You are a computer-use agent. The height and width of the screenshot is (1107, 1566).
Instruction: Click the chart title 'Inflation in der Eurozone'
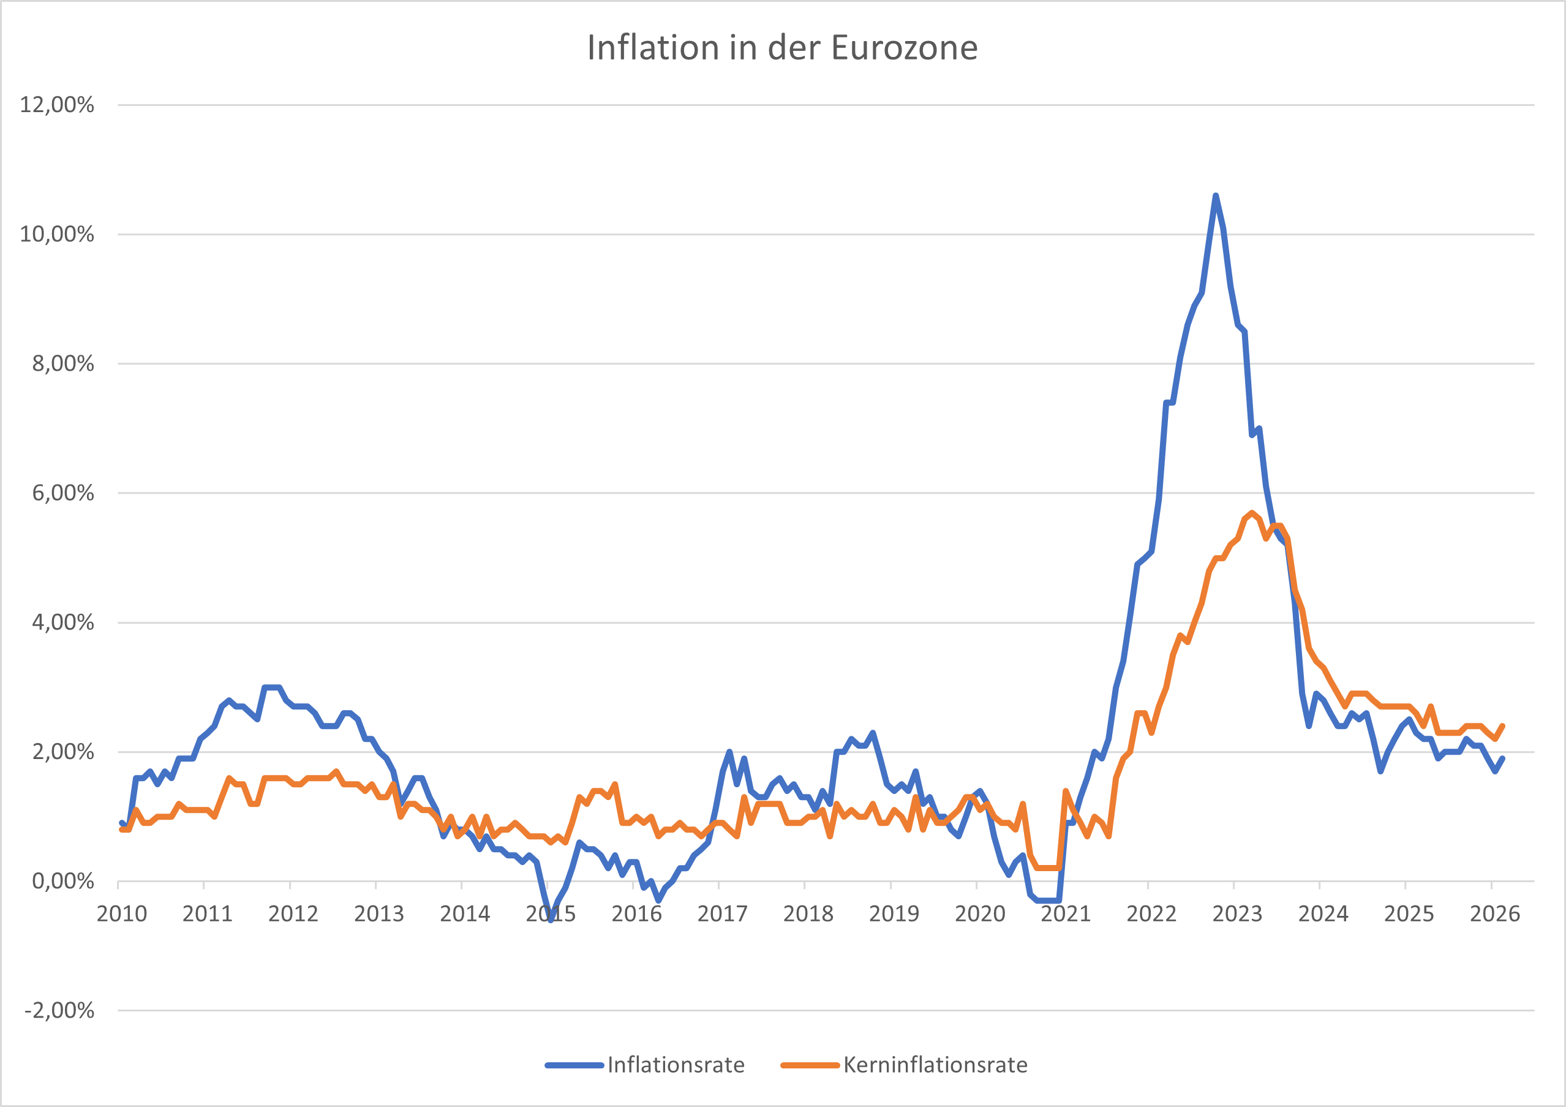coord(782,48)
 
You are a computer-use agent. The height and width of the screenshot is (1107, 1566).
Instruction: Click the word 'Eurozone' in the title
coord(905,48)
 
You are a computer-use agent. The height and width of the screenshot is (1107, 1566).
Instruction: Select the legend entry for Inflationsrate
coord(676,1065)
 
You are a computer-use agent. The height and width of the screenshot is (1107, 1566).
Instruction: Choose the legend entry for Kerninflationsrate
coord(935,1065)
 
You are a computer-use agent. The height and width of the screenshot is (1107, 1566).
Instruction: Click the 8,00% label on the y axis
coord(62,363)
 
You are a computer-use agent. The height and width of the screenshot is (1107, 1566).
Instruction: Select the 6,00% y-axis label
coord(62,493)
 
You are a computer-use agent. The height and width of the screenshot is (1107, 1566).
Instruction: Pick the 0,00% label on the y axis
coord(62,881)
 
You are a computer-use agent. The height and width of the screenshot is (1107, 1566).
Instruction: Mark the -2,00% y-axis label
coord(59,1010)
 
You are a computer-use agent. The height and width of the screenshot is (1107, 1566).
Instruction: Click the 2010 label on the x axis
coord(121,914)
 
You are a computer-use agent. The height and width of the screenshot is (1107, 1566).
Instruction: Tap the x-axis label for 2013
coord(378,914)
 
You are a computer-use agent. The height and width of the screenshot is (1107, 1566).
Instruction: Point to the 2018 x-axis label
coord(808,914)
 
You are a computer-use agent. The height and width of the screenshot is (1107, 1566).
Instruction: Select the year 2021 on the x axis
coord(1066,914)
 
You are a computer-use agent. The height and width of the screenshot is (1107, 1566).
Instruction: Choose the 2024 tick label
coord(1322,914)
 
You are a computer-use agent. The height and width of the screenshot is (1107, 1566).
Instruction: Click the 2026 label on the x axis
coord(1494,914)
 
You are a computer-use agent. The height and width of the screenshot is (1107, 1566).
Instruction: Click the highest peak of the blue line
coord(1216,196)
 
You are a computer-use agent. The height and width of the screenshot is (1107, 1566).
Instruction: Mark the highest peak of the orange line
coord(1252,513)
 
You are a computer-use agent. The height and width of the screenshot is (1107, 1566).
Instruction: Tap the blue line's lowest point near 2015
coord(551,920)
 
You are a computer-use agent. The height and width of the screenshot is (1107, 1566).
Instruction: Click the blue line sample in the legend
coord(574,1065)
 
